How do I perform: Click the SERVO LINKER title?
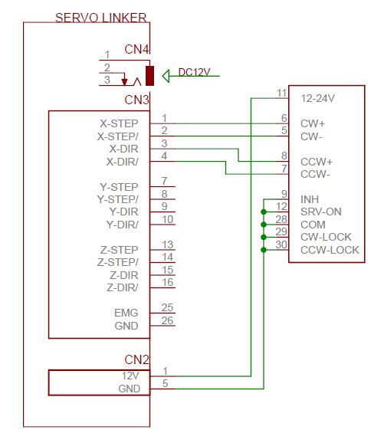click(x=100, y=18)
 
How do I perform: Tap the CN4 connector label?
click(x=136, y=50)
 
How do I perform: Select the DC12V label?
click(x=194, y=72)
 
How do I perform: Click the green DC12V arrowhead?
click(x=166, y=76)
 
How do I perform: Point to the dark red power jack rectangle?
click(x=149, y=76)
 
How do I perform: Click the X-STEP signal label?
click(x=119, y=123)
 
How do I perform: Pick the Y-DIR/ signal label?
click(x=123, y=225)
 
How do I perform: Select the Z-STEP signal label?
click(x=119, y=250)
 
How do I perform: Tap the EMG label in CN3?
click(x=126, y=313)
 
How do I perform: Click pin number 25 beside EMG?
click(x=167, y=307)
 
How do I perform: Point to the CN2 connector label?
click(x=136, y=359)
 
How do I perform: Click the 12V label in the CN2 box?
click(x=130, y=376)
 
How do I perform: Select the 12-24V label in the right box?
click(x=318, y=98)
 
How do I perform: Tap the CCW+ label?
click(x=317, y=162)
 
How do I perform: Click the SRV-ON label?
click(x=321, y=212)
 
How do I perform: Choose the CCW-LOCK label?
click(x=330, y=250)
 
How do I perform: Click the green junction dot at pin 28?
click(x=264, y=225)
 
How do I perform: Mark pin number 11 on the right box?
click(x=282, y=93)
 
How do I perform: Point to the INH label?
click(x=310, y=199)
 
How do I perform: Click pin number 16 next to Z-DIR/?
click(x=167, y=282)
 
